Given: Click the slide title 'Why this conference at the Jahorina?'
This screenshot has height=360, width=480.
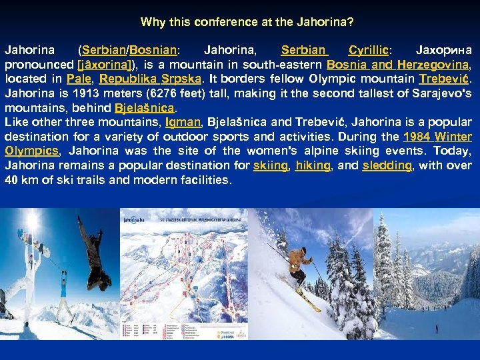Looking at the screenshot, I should [247, 22].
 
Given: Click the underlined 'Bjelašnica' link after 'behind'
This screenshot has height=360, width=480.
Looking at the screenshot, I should [145, 107].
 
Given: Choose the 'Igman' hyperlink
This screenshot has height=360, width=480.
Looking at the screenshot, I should [183, 122].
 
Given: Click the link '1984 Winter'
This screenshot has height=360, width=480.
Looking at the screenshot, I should [441, 137].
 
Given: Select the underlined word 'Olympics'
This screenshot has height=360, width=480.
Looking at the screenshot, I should [31, 151].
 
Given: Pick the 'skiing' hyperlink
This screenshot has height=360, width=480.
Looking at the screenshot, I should [271, 165].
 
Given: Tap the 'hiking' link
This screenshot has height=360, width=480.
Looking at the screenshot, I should [313, 165].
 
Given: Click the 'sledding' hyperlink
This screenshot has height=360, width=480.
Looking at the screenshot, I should [387, 165].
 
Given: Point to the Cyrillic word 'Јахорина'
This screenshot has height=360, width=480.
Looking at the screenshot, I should [443, 50].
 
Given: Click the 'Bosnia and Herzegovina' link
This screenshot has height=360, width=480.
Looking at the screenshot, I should [398, 65].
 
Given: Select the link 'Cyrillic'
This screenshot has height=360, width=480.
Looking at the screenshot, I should [370, 50].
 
